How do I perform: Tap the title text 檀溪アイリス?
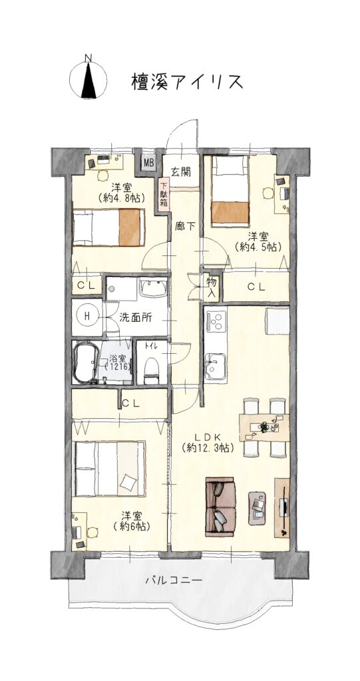[187, 81]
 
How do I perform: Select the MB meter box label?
[149, 164]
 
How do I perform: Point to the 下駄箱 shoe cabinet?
[164, 196]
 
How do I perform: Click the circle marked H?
[87, 317]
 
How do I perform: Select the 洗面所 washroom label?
[135, 317]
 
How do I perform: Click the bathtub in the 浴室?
[85, 362]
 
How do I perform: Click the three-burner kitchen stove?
[215, 321]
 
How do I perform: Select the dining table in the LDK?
[264, 428]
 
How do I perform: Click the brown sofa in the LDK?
[221, 507]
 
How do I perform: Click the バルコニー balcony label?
[174, 580]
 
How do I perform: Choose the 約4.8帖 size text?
[122, 198]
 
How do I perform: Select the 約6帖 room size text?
[131, 527]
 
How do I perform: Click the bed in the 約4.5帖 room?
[230, 192]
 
